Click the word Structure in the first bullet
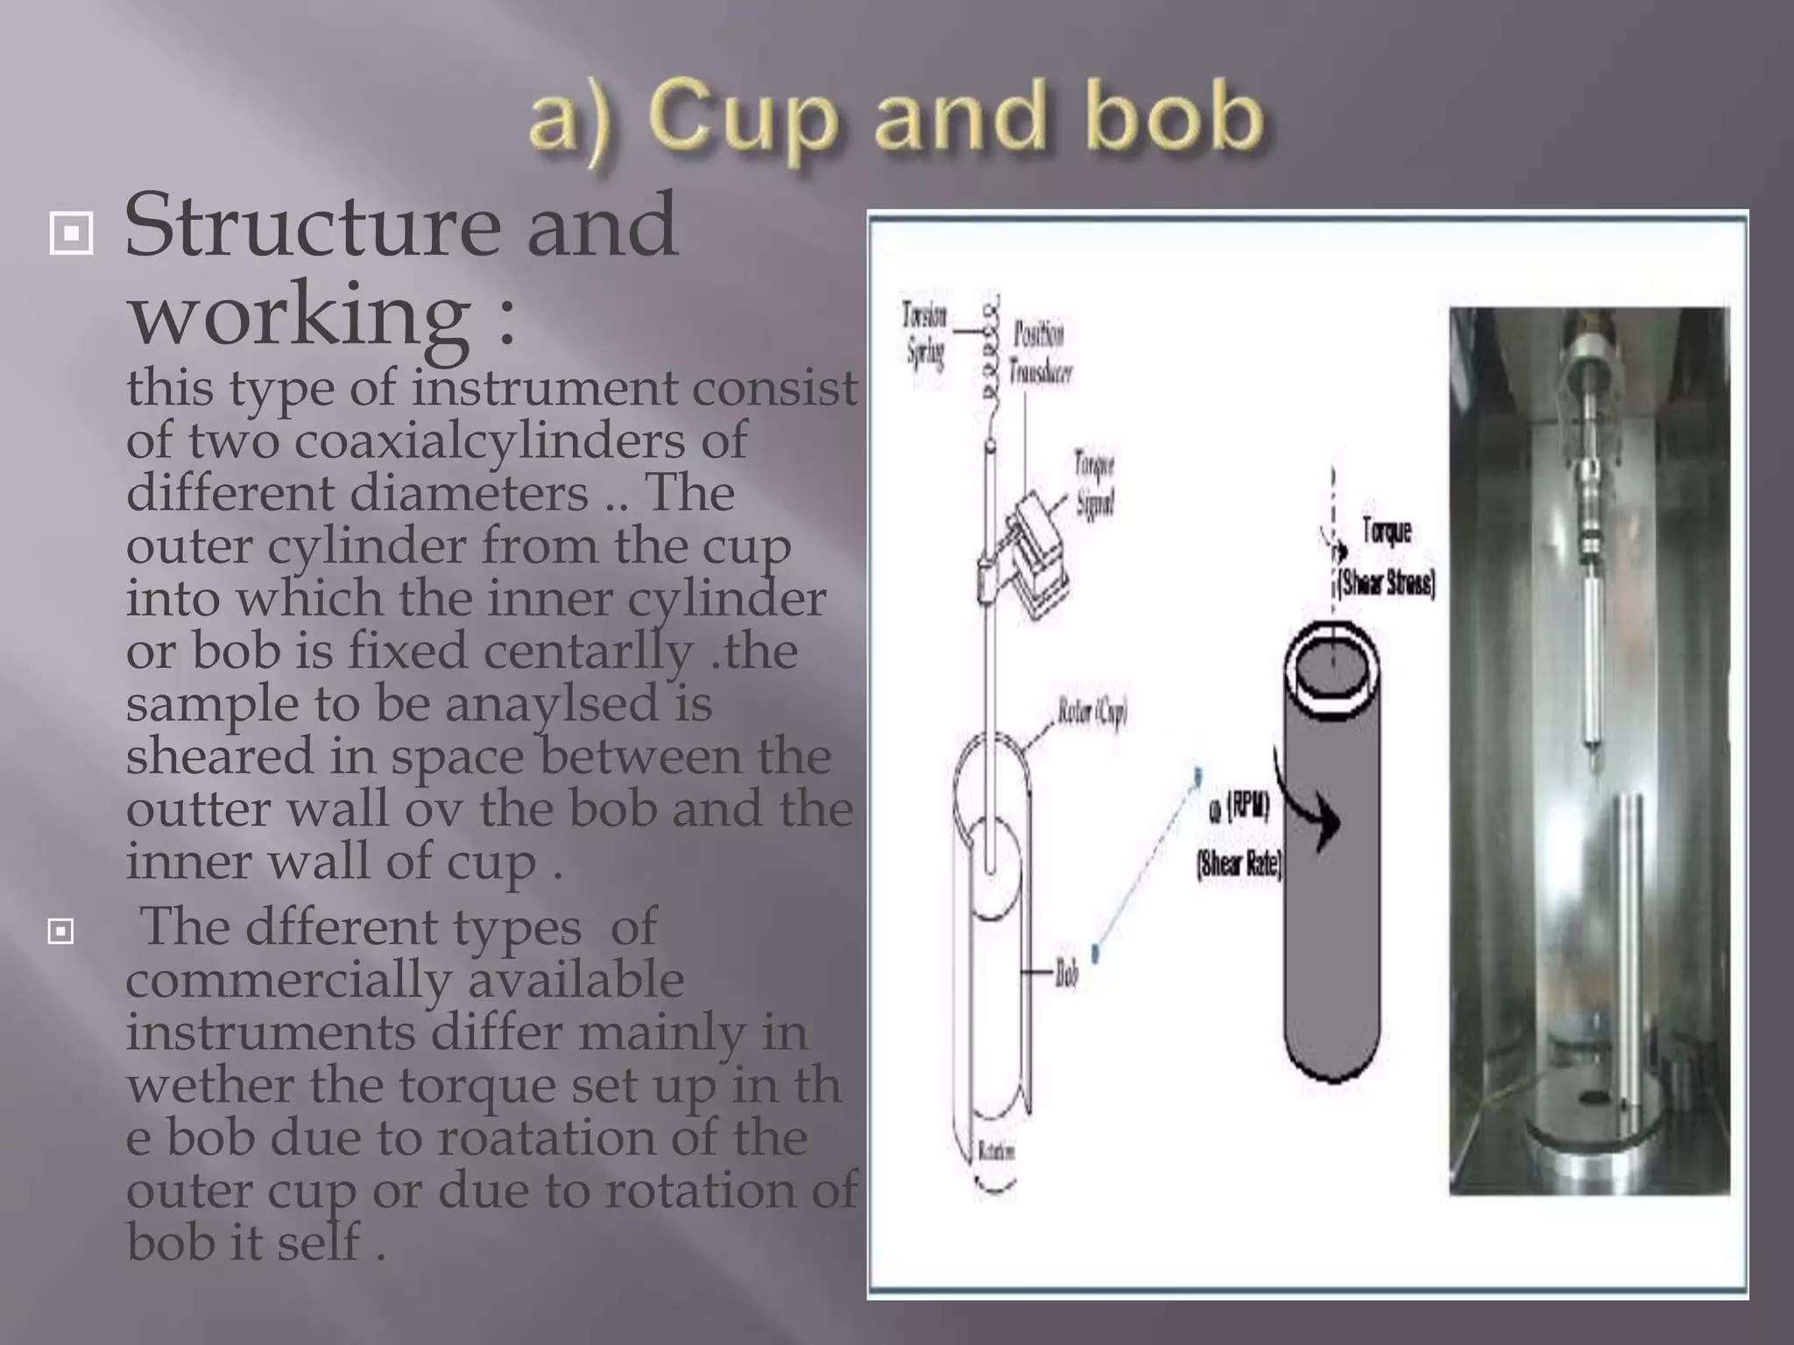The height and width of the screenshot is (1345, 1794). tap(312, 227)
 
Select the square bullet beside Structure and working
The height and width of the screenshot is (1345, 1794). tap(71, 234)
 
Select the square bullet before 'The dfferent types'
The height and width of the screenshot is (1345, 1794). tap(60, 932)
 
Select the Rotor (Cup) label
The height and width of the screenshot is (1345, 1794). tap(1091, 714)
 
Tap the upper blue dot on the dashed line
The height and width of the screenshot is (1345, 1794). tap(1197, 774)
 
